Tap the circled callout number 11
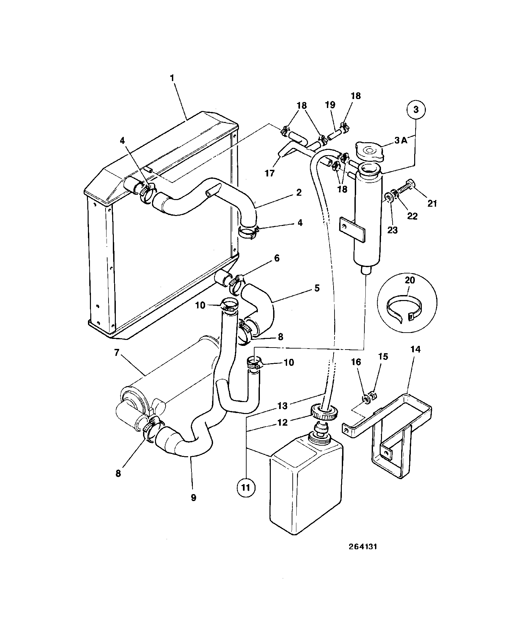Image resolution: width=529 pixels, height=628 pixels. [246, 488]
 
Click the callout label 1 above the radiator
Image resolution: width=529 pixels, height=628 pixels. [172, 78]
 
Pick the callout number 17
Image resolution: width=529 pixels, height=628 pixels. [270, 173]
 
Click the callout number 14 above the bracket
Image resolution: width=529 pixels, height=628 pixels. [416, 349]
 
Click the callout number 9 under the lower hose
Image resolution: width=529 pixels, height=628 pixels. [193, 507]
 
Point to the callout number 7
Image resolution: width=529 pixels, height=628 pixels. [116, 353]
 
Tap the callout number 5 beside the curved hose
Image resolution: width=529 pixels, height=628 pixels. [317, 288]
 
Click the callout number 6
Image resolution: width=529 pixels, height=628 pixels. [276, 258]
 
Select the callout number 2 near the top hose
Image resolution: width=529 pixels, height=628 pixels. [299, 192]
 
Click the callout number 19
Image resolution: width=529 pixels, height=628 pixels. [330, 105]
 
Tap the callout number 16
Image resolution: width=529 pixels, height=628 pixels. [356, 362]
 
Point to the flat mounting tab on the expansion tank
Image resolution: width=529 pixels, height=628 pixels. [352, 229]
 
